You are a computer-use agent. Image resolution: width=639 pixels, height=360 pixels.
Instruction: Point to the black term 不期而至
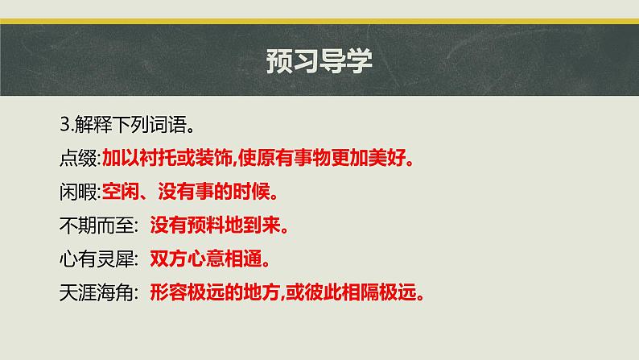pos(93,226)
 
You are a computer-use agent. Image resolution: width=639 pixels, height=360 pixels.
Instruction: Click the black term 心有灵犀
pos(93,259)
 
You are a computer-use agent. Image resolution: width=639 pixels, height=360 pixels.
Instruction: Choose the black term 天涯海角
pos(93,293)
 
